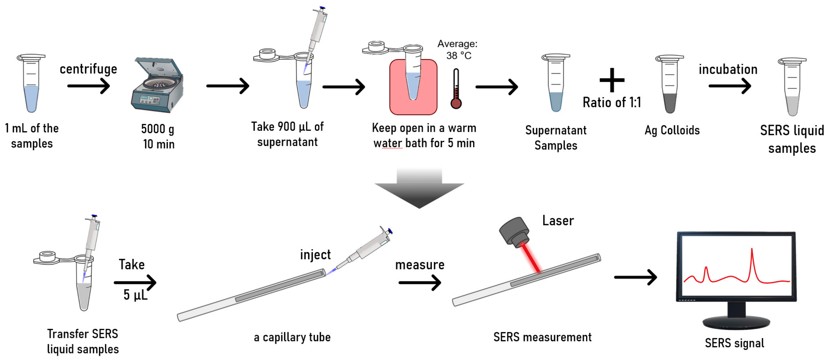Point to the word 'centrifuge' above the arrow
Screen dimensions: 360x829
(88, 69)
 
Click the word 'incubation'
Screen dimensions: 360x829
(728, 69)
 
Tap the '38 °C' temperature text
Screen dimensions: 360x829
(458, 56)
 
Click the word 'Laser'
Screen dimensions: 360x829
(558, 221)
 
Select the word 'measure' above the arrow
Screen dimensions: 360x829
(420, 265)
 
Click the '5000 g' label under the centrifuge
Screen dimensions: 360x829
(157, 129)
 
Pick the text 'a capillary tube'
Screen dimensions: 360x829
(292, 337)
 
